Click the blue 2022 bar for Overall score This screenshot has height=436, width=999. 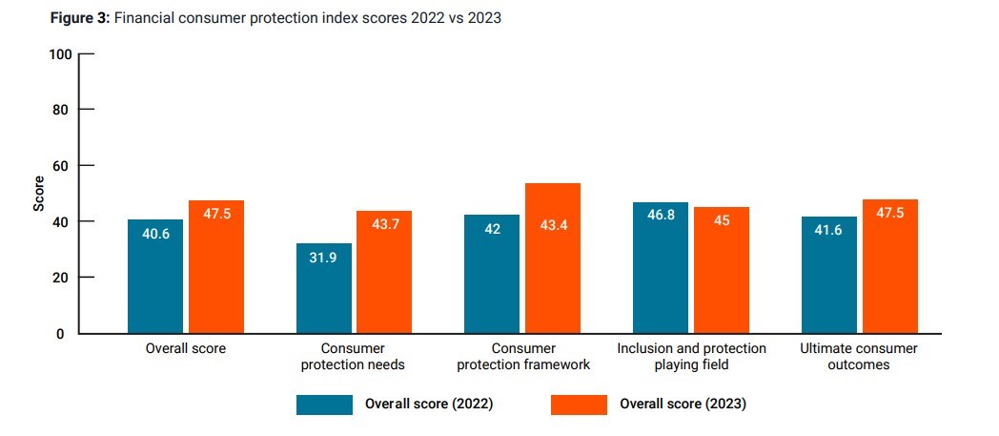[155, 277]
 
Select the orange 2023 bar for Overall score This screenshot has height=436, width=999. [215, 267]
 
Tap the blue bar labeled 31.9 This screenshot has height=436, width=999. [324, 288]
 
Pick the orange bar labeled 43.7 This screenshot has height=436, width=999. [384, 272]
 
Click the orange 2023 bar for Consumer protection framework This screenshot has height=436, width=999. [552, 258]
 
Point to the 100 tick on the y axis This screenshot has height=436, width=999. [60, 53]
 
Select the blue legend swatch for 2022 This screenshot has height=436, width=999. [324, 404]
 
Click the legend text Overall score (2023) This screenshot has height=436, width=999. [683, 404]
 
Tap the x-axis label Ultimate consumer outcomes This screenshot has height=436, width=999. [859, 356]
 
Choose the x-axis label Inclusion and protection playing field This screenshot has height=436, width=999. [690, 356]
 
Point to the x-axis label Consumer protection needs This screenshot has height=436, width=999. [354, 356]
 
